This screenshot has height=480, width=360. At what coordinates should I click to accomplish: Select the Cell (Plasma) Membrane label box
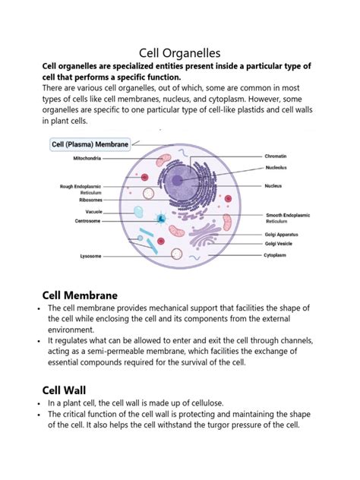point(90,142)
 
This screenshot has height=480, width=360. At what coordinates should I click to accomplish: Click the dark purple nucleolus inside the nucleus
point(179,181)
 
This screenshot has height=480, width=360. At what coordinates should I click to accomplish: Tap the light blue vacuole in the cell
point(138,213)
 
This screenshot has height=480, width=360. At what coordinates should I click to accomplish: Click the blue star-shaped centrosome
point(161,219)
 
